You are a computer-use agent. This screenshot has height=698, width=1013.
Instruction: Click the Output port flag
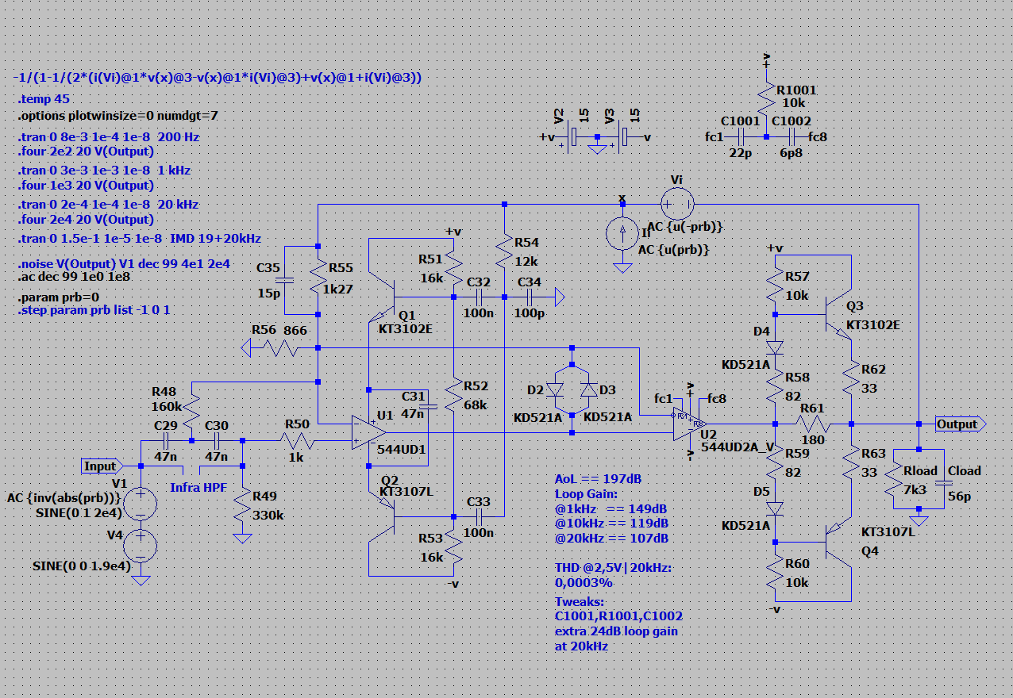point(961,424)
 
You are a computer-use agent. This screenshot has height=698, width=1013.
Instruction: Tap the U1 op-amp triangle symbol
point(368,432)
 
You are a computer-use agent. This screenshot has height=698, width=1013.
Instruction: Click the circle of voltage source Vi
point(677,204)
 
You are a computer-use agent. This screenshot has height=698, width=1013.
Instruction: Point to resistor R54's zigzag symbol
point(504,252)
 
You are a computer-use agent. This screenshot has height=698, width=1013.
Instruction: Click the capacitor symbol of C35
point(284,281)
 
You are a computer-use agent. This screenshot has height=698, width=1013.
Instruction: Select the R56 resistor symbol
point(280,348)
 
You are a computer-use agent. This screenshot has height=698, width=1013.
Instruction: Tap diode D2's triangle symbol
point(555,390)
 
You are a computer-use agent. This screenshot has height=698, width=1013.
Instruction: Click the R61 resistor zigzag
point(813,424)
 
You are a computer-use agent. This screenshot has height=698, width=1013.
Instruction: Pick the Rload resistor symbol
point(893,479)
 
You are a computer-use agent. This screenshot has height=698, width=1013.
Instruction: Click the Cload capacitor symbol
point(944,483)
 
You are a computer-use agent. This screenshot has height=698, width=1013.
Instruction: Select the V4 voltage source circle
point(141,546)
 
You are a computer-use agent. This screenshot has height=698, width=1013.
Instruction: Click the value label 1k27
point(338,290)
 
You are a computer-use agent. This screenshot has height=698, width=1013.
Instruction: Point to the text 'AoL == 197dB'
point(598,479)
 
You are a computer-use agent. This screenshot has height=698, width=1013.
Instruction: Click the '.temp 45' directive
point(44,99)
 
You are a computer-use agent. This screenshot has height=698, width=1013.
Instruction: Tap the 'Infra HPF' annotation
point(198,488)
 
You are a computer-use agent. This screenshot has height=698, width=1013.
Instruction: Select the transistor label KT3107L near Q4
point(888,531)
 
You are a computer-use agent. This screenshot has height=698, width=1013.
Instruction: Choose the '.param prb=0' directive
point(58,297)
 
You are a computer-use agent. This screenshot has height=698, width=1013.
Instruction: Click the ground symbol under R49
point(242,538)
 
